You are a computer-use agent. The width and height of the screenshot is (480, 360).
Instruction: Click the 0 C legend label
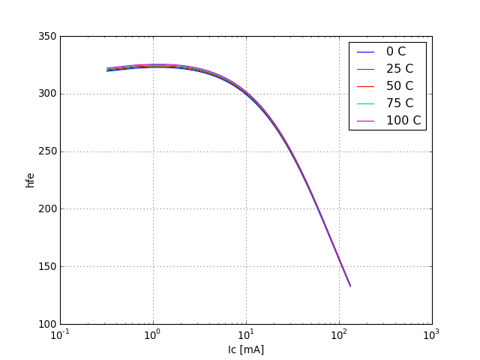[x=396, y=52]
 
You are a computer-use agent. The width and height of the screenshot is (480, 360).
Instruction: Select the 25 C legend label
[x=399, y=69]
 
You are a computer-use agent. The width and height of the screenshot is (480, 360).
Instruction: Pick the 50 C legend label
[x=399, y=86]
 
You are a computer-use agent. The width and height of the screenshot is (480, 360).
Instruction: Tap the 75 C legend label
[x=399, y=103]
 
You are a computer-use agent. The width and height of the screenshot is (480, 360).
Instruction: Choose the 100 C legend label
[x=403, y=121]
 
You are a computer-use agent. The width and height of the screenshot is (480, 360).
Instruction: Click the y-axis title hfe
[x=30, y=180]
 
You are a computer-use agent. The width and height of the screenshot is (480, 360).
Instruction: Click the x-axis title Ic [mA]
[x=246, y=349]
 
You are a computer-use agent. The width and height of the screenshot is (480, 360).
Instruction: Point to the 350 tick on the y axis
[x=46, y=36]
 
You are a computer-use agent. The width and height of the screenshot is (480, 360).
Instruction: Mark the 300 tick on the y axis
[x=46, y=94]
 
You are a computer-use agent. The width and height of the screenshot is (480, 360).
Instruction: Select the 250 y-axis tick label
[x=46, y=151]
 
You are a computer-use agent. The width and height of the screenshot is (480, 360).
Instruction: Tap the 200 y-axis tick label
[x=46, y=209]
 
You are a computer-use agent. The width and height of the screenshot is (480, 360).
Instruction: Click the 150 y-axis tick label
[x=46, y=267]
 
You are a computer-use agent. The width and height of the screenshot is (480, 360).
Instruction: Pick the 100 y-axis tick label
[x=46, y=324]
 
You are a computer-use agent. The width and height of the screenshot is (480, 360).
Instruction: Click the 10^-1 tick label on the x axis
[x=60, y=334]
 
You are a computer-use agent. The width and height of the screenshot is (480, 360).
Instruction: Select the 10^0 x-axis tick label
[x=153, y=334]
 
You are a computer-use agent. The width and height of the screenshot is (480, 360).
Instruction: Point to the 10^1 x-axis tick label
[x=246, y=334]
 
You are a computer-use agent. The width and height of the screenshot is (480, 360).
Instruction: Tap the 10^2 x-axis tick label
[x=339, y=334]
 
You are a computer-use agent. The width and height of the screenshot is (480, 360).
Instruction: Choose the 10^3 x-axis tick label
[x=431, y=334]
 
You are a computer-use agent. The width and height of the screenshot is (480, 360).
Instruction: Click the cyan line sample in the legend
[x=366, y=103]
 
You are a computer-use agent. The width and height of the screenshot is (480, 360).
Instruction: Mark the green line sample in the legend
[x=366, y=69]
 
